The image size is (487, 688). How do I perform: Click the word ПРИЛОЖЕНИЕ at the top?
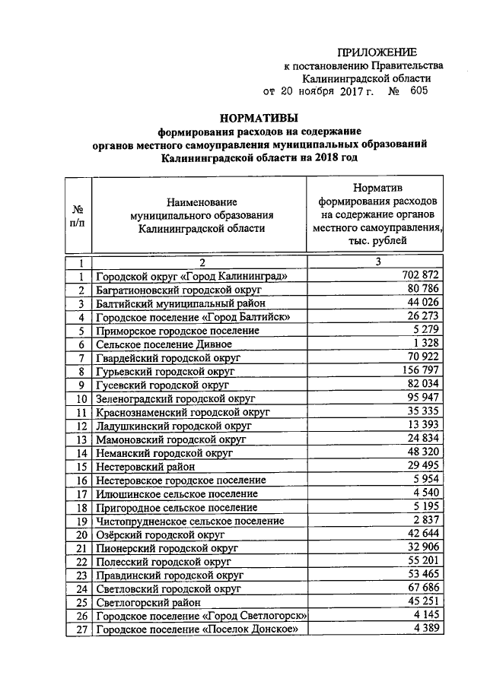(x=377, y=52)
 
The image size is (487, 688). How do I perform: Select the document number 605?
(x=418, y=91)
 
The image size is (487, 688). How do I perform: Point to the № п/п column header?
(x=78, y=216)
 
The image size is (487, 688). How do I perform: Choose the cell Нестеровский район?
(x=145, y=466)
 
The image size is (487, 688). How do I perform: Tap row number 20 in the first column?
(x=79, y=534)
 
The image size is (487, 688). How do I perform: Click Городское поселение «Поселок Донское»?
(x=193, y=629)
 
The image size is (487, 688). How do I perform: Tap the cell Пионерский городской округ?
(x=167, y=548)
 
